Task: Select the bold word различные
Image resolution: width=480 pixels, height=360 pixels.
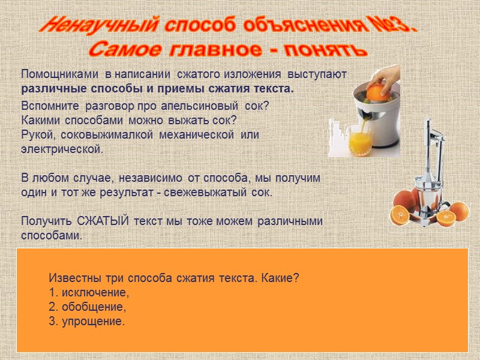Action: [x=46, y=89]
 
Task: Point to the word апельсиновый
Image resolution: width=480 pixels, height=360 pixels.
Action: [x=202, y=106]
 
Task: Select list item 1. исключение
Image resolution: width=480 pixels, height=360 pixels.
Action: [x=89, y=293]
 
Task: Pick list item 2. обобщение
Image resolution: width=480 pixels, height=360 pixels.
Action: [x=88, y=307]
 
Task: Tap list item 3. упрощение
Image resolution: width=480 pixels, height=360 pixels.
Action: [x=87, y=322]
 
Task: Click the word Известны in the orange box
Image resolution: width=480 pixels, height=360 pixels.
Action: [x=71, y=279]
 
